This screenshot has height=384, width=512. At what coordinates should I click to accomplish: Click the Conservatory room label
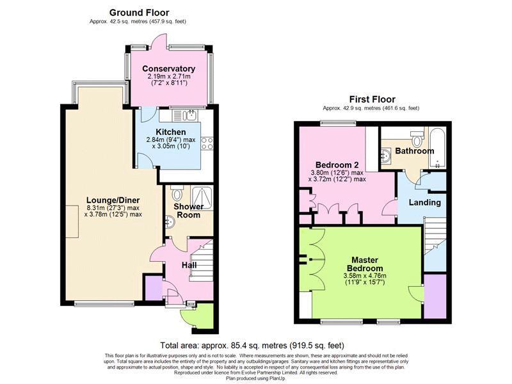(x=168, y=68)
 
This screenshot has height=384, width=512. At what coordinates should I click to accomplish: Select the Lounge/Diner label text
(x=113, y=200)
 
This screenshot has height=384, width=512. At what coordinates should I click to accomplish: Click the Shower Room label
(x=189, y=211)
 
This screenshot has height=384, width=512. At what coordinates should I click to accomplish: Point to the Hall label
(x=189, y=264)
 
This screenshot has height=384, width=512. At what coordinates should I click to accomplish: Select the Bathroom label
(x=414, y=151)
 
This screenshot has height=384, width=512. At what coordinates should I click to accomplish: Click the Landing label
(x=425, y=202)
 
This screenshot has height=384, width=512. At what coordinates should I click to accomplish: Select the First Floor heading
(x=372, y=99)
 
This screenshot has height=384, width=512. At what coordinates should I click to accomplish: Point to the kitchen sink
(x=189, y=116)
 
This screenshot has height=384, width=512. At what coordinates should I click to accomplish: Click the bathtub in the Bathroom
(x=438, y=145)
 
